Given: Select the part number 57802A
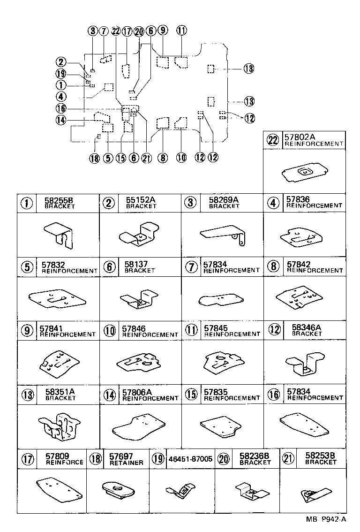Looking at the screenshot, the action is [300, 137].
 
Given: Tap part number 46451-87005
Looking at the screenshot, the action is [190, 459].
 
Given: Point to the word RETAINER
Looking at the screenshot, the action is [126, 463].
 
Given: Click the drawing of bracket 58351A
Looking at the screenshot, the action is [60, 426].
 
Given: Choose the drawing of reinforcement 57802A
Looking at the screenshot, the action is [304, 174].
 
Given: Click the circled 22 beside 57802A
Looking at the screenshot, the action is [273, 140].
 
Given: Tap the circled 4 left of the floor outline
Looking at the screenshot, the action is [60, 97].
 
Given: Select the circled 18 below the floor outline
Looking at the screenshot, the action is [95, 158].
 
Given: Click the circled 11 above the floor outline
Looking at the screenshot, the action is [182, 31].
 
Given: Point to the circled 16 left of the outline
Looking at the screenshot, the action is [61, 108].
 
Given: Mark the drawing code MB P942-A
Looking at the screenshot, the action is [326, 519].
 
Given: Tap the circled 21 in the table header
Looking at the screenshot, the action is [288, 459].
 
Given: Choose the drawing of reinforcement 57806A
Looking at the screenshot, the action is [139, 426].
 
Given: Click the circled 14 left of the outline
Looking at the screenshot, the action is [61, 120].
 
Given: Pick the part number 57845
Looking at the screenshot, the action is [216, 328].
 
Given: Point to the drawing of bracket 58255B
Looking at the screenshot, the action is [59, 236].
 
